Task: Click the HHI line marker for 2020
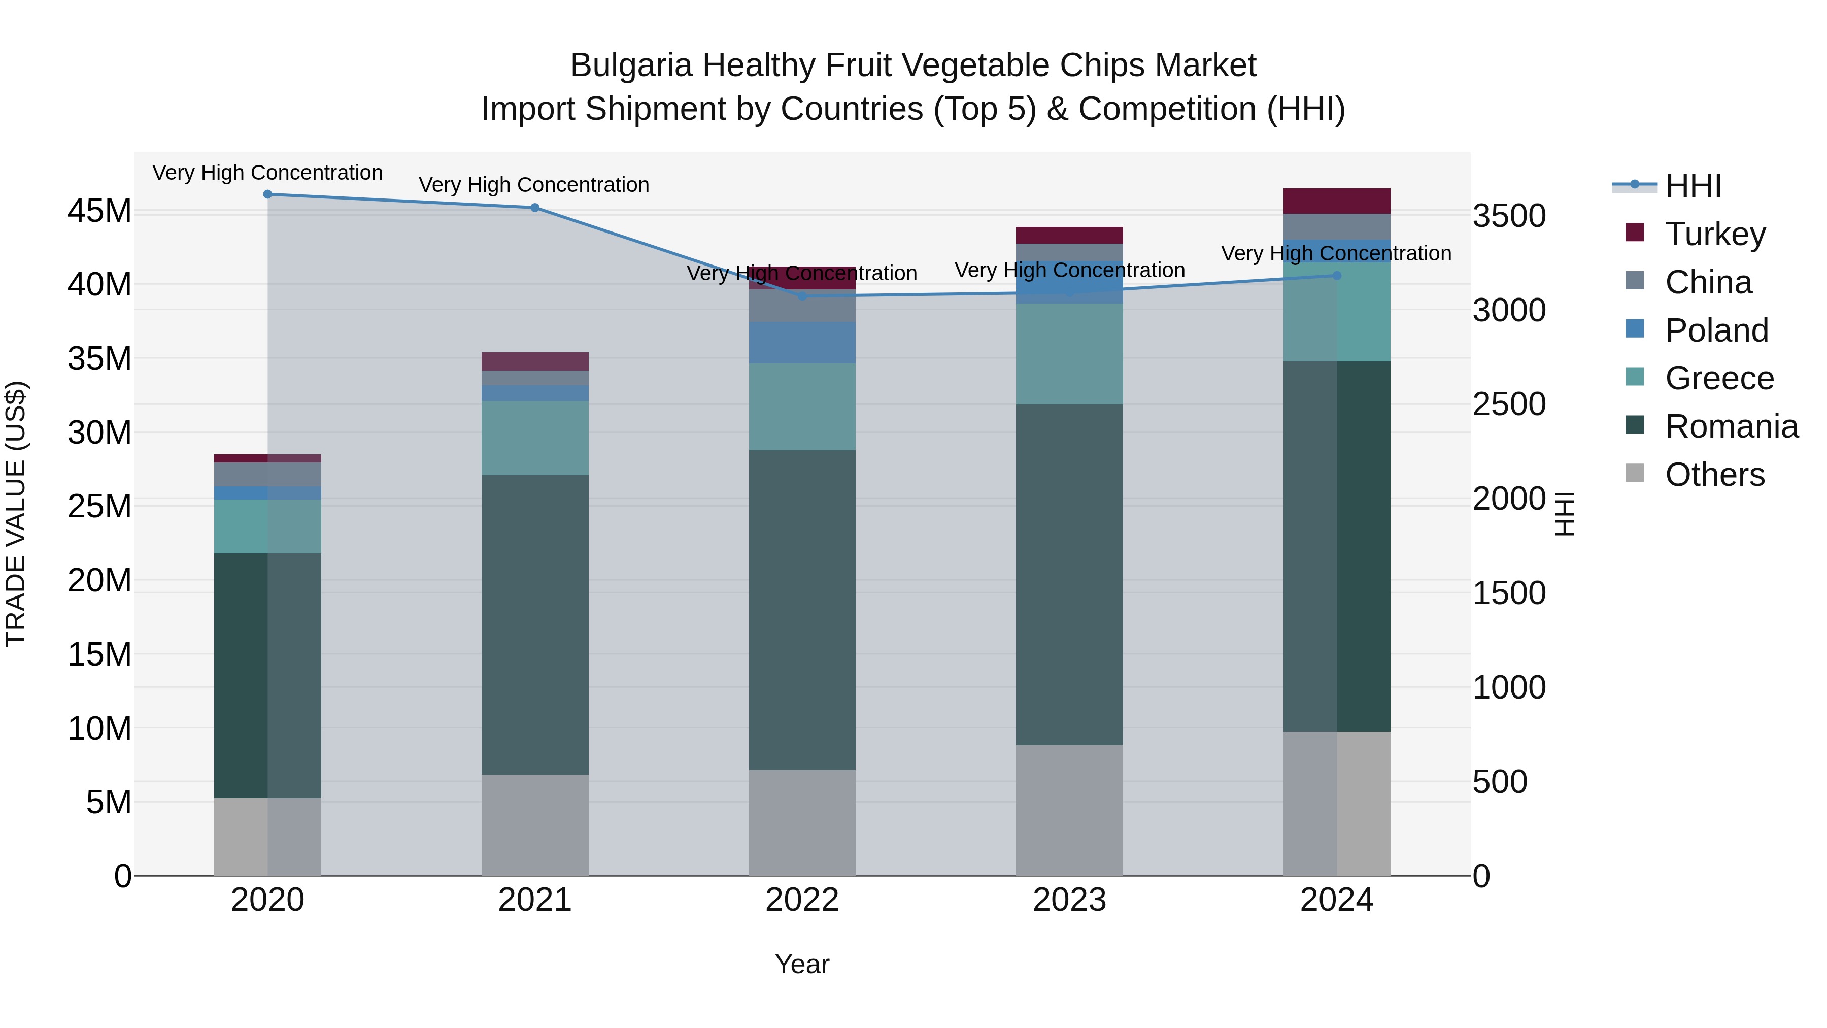pos(267,194)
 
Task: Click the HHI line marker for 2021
pos(535,208)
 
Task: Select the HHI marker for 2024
pos(1337,275)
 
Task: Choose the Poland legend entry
pos(1716,330)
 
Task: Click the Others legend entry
pos(1714,475)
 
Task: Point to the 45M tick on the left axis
pos(99,211)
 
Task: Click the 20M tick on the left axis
pos(99,580)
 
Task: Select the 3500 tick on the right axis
pos(1509,216)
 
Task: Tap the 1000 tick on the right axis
pos(1509,687)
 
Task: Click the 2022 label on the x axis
pos(802,900)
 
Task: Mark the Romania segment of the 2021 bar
pos(535,624)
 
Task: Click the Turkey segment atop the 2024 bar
pos(1337,201)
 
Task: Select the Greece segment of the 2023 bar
pos(1069,354)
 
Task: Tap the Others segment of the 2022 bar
pos(802,823)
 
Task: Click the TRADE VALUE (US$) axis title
pos(16,514)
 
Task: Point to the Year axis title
pos(802,964)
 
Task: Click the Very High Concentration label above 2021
pos(534,184)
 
